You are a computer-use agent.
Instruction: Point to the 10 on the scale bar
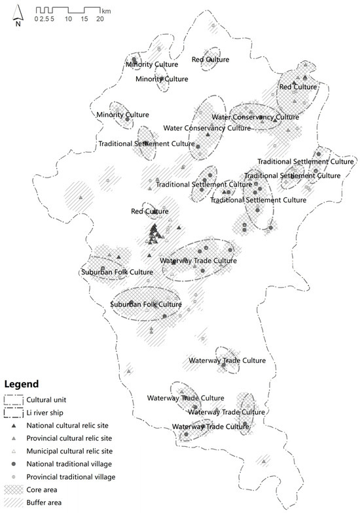[68, 19]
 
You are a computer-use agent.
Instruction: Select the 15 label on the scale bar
[84, 19]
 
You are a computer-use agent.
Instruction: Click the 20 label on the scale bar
[100, 19]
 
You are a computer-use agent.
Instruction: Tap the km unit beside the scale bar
[107, 11]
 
